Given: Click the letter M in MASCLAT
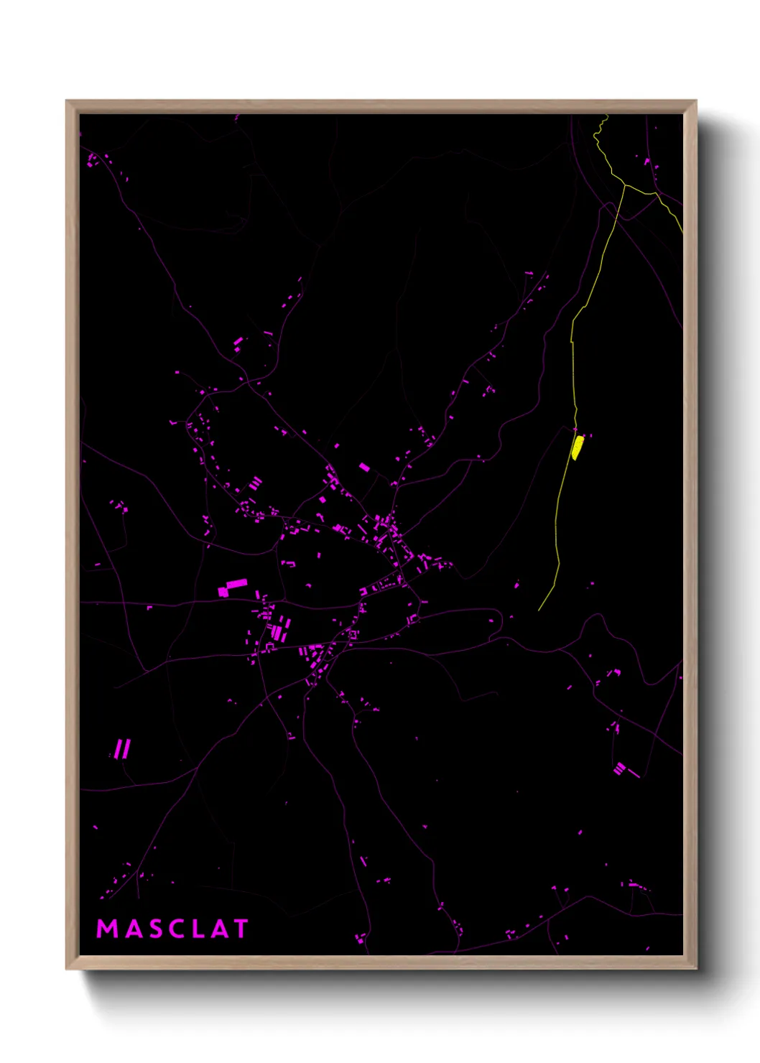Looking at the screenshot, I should coord(107,929).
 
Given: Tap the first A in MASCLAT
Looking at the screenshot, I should coord(132,929).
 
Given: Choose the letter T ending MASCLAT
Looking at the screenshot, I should coord(240,929).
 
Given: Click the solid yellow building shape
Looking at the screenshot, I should coord(577,447).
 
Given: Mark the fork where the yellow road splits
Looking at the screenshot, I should coord(625,185).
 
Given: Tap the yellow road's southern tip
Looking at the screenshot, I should coord(539,611).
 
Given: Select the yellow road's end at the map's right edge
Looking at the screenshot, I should coord(682,233).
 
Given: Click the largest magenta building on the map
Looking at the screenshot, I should coord(233,588).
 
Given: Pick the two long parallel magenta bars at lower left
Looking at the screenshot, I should coord(123,749).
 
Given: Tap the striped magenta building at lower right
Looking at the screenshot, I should coord(619,768).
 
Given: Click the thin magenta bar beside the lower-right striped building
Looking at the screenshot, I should coord(634,774).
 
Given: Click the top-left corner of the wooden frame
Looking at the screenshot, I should coord(67,101).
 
